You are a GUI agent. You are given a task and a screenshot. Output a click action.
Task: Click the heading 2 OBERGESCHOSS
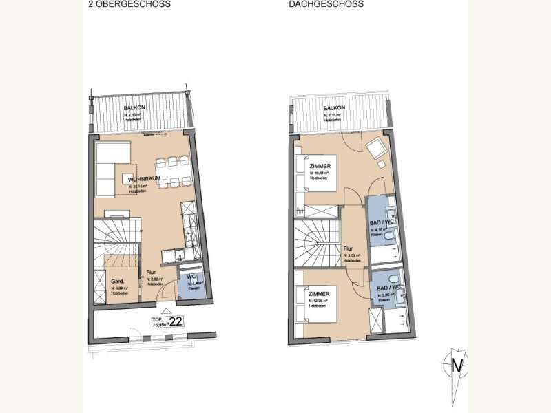coord(129,4)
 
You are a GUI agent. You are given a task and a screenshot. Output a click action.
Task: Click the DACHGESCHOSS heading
coord(326,4)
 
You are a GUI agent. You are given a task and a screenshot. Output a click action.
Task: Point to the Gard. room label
coord(117,282)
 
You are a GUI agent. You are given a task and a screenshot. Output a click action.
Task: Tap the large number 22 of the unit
coord(176,321)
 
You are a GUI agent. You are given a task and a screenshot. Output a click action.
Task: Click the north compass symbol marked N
coord(455,365)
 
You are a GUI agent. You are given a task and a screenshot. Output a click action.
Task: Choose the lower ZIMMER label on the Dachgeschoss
coord(318,294)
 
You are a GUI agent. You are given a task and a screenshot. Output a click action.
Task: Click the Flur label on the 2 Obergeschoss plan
coord(152,273)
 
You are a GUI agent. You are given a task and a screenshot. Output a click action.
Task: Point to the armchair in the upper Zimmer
coord(376,148)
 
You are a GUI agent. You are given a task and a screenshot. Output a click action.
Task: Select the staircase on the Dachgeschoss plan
coord(317,244)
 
